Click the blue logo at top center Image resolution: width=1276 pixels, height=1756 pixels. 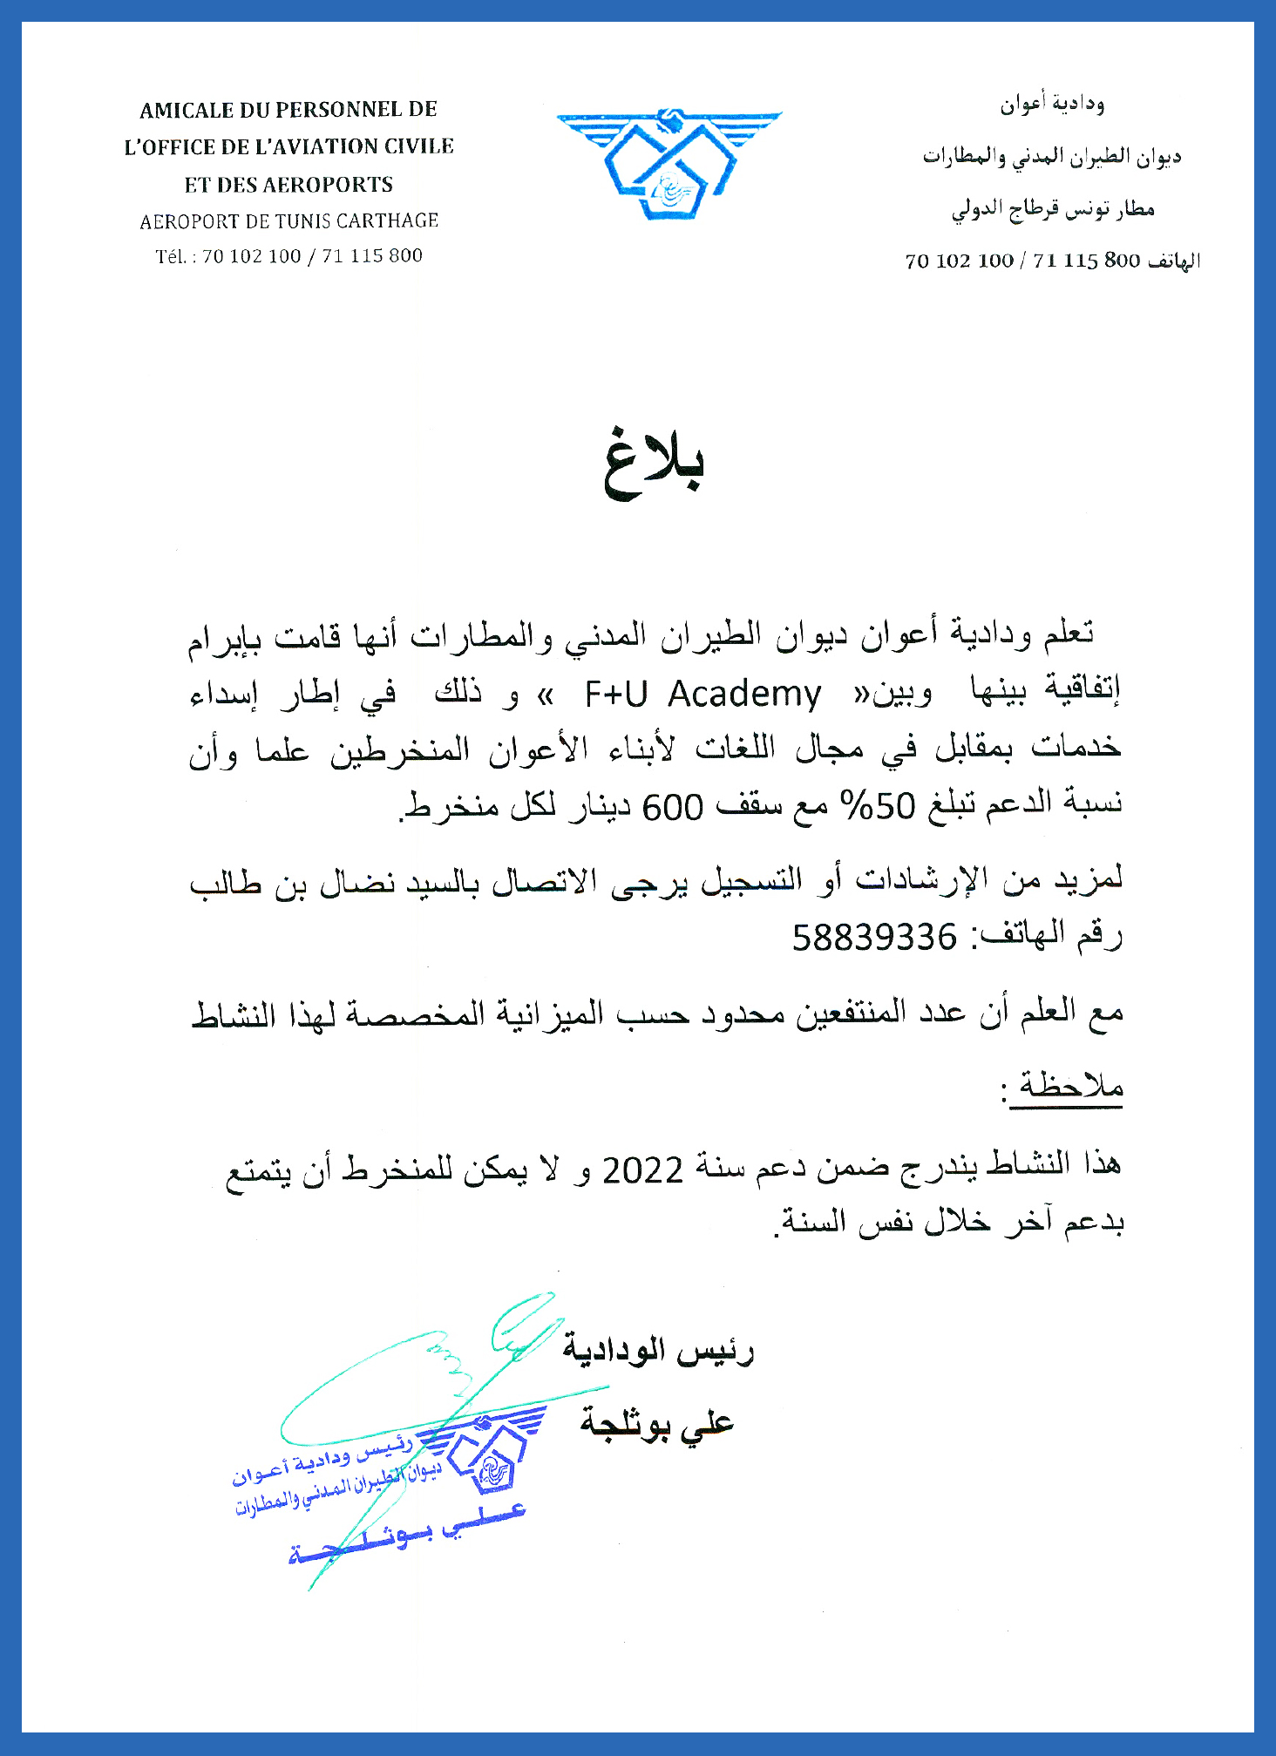[669, 164]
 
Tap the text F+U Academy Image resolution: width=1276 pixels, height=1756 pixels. [702, 695]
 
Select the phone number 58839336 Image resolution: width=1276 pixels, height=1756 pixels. [874, 938]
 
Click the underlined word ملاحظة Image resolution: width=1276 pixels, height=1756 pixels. [1071, 1087]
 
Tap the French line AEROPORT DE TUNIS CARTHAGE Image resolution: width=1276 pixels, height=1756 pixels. [289, 221]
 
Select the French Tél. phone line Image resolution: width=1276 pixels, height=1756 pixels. [289, 256]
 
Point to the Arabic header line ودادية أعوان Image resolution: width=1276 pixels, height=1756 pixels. [1052, 105]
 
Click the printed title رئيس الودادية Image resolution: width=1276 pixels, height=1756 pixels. [658, 1352]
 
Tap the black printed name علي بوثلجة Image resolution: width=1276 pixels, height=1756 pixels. [657, 1423]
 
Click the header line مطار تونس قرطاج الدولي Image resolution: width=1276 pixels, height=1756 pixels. [1053, 209]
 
